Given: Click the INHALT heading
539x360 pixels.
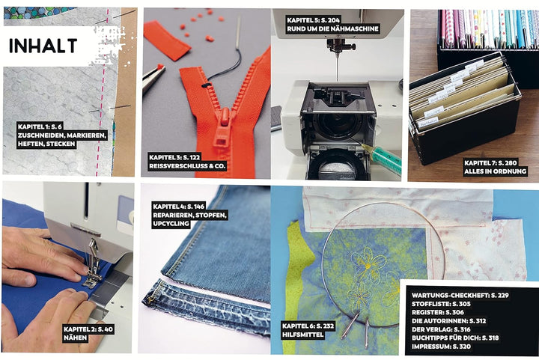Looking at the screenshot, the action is [x=43, y=46].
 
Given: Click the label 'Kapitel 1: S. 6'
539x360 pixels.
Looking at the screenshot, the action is [x=40, y=126].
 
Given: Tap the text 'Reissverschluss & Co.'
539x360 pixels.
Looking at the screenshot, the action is [x=187, y=166].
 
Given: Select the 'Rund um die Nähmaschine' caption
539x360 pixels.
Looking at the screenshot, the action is [x=332, y=29].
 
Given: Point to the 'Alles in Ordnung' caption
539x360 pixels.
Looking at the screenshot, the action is [x=495, y=171].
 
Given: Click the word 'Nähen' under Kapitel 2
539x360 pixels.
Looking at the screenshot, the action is [x=76, y=338].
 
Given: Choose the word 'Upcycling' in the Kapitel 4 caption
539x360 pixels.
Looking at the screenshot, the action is [x=171, y=224].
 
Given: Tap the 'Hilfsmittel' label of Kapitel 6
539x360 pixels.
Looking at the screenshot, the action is [x=303, y=335].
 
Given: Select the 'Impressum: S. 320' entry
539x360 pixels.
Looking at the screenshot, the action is [x=441, y=347].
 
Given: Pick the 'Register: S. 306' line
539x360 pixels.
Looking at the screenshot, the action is [x=438, y=312].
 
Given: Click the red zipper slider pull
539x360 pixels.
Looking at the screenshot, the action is [x=222, y=129].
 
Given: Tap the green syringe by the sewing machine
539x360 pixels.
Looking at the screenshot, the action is [x=382, y=157].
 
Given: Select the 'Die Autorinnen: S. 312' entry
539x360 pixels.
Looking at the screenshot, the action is [x=449, y=321].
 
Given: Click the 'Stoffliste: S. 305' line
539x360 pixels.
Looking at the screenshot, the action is [x=441, y=304].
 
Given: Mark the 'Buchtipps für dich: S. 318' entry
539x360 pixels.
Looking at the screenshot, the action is [x=455, y=338].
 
